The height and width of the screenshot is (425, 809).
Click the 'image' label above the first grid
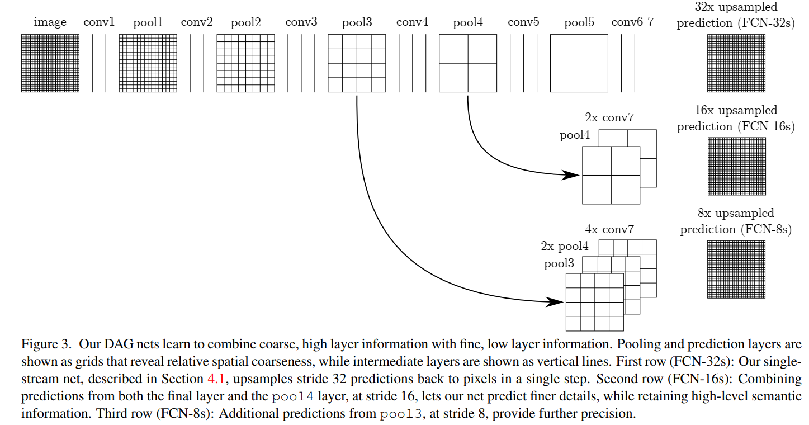(50, 22)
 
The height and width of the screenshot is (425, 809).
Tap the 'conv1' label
(99, 22)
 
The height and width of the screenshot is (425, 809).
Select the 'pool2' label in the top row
(245, 23)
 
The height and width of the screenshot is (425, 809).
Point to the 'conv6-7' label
(632, 22)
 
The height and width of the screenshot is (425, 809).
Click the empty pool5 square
(579, 63)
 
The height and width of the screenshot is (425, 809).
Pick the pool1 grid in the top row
(148, 63)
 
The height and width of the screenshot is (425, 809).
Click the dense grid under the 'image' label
(50, 63)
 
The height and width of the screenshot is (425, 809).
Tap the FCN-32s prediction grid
(736, 63)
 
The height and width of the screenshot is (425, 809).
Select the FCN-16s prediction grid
(737, 166)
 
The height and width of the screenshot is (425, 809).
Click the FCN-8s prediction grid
(736, 270)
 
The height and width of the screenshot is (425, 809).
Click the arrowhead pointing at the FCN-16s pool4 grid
(571, 175)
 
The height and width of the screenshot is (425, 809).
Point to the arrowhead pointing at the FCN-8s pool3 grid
(555, 302)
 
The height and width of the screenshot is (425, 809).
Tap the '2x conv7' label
(609, 118)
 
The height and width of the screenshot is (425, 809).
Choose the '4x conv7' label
(609, 229)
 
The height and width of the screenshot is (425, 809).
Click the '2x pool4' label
(565, 246)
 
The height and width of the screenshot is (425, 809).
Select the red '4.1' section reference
(216, 379)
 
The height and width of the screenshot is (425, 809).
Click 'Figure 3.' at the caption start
(45, 344)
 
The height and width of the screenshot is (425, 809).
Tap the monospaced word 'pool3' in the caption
(400, 414)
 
